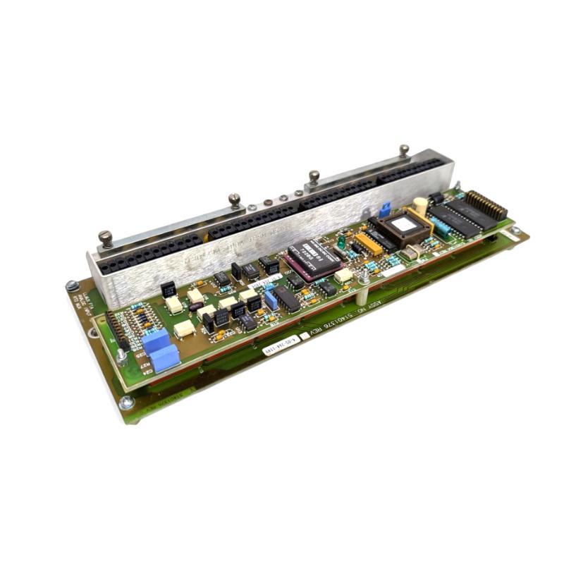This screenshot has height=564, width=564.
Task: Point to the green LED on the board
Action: coord(341,242)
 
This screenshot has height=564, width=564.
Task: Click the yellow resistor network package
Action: coord(368,243)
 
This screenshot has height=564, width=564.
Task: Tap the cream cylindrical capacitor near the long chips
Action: coord(420,205)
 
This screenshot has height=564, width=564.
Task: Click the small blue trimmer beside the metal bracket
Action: coord(385,209)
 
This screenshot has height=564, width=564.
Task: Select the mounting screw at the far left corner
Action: coord(72,286)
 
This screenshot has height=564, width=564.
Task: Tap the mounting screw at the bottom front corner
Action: coord(127,402)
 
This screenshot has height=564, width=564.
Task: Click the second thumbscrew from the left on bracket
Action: coord(235,200)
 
